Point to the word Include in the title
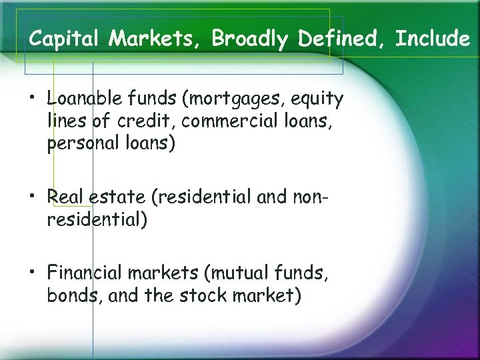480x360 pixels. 433,39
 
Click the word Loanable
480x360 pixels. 81,99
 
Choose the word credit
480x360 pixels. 145,122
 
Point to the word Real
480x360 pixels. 63,197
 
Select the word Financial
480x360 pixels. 88,272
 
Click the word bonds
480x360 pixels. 73,295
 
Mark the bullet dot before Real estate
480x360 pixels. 32,198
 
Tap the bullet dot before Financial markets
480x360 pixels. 32,273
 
